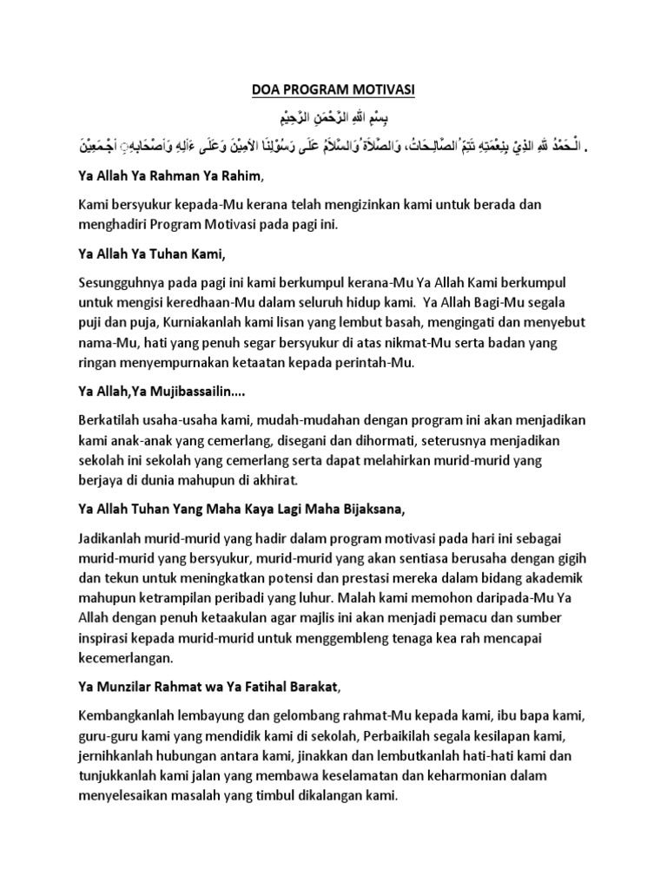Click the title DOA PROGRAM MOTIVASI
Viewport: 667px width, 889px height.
tap(333, 89)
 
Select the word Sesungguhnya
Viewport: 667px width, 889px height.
tap(119, 281)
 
